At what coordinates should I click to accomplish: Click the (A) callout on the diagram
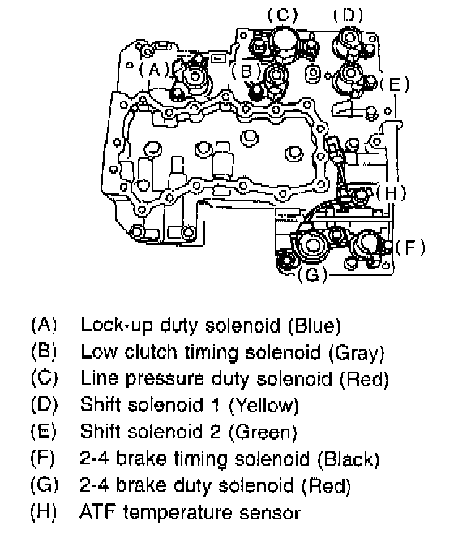pyautogui.click(x=154, y=70)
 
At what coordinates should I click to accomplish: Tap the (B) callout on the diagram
pyautogui.click(x=246, y=71)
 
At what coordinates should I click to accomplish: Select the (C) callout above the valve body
pyautogui.click(x=283, y=15)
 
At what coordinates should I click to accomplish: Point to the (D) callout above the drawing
pyautogui.click(x=348, y=15)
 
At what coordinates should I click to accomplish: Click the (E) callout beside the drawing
pyautogui.click(x=395, y=84)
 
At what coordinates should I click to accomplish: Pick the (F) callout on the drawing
pyautogui.click(x=410, y=248)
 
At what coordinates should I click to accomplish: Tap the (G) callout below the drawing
pyautogui.click(x=313, y=274)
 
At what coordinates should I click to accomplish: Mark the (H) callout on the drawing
pyautogui.click(x=391, y=192)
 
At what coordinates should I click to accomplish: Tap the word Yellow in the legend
pyautogui.click(x=263, y=405)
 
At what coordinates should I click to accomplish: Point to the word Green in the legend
pyautogui.click(x=263, y=432)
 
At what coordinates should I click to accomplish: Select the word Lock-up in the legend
pyautogui.click(x=117, y=325)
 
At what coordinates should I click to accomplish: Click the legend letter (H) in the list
pyautogui.click(x=44, y=512)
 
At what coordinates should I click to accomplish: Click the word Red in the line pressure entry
pyautogui.click(x=364, y=379)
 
